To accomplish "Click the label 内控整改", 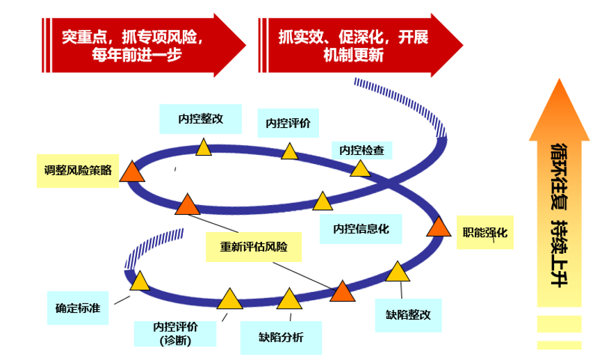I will coord(200,119).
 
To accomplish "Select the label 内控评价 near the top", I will coord(288,124).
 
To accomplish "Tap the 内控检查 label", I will coord(361,150).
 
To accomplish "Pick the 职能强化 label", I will coord(485,233).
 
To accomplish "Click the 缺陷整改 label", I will coord(409,313).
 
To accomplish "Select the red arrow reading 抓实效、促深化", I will coord(359,45).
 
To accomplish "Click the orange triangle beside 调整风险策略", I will coord(132,171).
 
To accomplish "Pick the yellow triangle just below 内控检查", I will coord(360,168).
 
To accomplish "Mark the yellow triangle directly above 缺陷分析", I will coord(288,300).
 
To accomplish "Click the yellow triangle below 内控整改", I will coord(203,147).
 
